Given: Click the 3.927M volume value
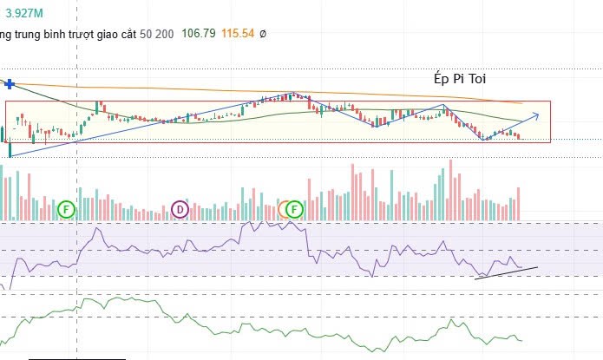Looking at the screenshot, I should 25,12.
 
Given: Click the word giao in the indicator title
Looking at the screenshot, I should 122,34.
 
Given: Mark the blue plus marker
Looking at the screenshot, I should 10,83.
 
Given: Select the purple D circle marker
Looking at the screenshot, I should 180,208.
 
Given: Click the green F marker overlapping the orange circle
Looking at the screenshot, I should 296,208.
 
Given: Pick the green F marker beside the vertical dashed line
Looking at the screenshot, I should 68,208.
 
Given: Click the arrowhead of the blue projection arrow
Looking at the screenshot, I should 537,115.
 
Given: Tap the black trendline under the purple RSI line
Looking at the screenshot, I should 507,273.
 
